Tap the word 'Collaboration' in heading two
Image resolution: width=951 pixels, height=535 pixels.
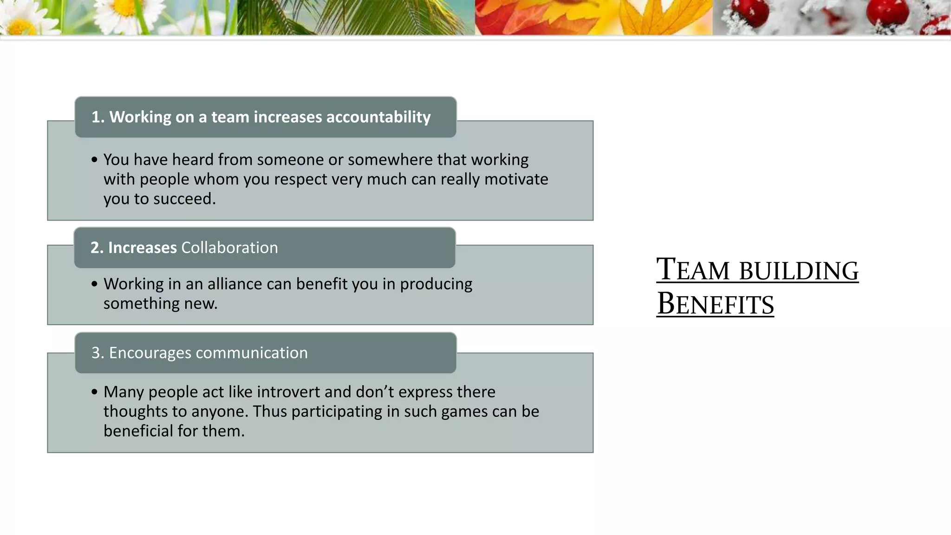tap(229, 248)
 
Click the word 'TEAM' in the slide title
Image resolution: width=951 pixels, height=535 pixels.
tap(693, 270)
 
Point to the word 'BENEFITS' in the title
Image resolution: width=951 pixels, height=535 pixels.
tap(715, 304)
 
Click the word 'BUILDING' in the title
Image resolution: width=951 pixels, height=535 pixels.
tap(799, 271)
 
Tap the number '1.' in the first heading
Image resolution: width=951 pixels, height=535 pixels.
tap(98, 117)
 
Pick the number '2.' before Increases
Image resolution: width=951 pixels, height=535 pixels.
tap(97, 248)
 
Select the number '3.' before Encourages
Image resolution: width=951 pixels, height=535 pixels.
tap(98, 353)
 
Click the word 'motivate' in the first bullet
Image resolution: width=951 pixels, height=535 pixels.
tap(516, 179)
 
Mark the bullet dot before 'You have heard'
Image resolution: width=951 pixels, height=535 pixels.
tap(95, 160)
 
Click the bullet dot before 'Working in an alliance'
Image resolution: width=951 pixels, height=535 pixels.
tap(95, 284)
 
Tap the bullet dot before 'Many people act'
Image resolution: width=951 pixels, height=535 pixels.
tap(95, 392)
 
